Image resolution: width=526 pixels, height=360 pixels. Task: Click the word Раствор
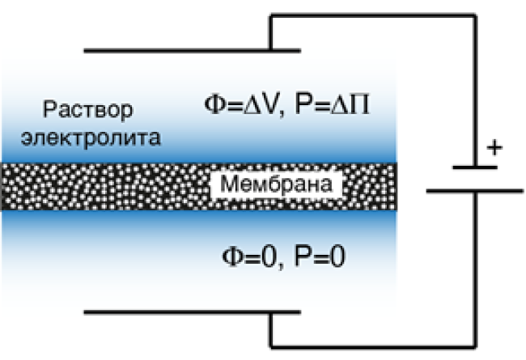coord(88,110)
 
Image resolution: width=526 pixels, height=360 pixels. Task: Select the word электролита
coord(91,138)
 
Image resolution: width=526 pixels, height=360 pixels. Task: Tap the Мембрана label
coord(277,184)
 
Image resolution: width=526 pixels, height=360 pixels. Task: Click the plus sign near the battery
coord(494,147)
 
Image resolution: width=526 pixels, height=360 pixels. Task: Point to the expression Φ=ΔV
coord(241,104)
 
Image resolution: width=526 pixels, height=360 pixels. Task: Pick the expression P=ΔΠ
coord(332,104)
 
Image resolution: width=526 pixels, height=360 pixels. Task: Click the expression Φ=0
coord(249,256)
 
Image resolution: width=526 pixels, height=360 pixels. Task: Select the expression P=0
coord(320,256)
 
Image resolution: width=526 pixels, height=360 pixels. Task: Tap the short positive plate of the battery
coord(475,167)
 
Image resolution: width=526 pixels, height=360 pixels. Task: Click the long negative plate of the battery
coord(475,191)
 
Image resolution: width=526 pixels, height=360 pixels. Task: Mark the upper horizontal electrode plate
coord(193,51)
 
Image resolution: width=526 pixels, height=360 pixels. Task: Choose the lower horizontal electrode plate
coord(193,312)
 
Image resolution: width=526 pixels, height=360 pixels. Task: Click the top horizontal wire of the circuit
coord(373,15)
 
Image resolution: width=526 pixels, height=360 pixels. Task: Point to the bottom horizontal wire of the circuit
coord(373,347)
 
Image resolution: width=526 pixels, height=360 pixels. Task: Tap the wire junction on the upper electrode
coord(271,51)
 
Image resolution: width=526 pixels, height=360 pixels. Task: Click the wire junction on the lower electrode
coord(271,312)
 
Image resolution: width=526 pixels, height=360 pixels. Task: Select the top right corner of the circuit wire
coord(475,15)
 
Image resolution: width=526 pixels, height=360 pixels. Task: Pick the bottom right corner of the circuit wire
coord(475,347)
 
